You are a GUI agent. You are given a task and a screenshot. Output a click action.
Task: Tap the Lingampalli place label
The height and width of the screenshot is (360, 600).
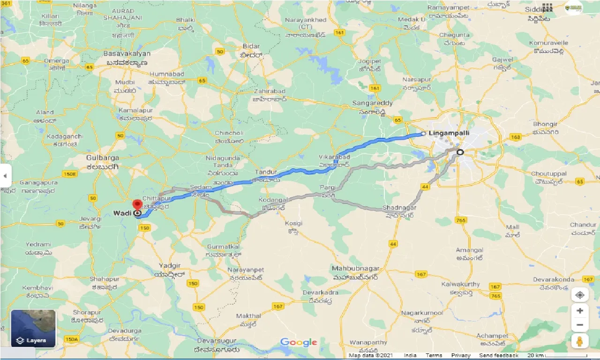click(449, 133)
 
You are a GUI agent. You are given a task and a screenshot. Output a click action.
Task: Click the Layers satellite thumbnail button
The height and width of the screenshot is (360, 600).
click(33, 329)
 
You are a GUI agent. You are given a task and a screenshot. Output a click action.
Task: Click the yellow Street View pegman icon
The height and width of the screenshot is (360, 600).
click(580, 341)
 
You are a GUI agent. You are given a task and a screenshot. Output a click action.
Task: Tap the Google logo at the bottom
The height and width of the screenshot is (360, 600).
click(299, 343)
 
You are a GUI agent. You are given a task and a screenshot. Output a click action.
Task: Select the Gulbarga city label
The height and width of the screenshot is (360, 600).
click(103, 158)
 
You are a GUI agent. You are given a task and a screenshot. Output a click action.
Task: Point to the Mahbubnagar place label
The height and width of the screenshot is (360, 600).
click(355, 269)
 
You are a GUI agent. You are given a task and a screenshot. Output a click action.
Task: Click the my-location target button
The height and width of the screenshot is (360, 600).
click(580, 295)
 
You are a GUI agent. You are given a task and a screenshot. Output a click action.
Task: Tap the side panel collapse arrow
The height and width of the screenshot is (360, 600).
click(5, 176)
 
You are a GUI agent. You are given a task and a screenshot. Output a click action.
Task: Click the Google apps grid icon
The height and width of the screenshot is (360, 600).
click(547, 7)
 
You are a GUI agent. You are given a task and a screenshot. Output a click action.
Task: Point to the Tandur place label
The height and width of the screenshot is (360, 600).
click(265, 172)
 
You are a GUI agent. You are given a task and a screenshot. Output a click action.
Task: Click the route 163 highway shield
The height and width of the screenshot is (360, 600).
click(516, 137)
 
